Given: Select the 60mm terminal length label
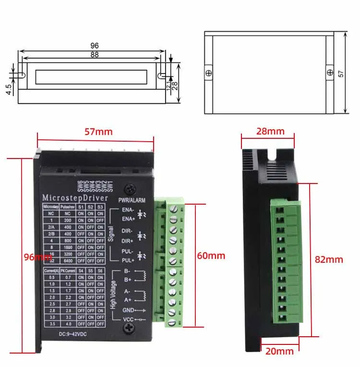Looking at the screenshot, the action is point(211,256).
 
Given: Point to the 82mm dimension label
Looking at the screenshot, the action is point(329,259).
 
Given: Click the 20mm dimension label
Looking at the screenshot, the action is point(279,351).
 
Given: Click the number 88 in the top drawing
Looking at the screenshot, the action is point(94,55).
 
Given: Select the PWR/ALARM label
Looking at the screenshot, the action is point(132,199).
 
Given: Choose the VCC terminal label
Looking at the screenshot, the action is point(128,319).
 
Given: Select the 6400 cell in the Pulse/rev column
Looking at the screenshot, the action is point(68,260).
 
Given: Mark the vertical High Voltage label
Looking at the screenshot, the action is point(113,294).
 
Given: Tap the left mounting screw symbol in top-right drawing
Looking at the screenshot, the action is point(208,73).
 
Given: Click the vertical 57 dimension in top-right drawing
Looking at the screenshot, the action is point(341,73).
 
